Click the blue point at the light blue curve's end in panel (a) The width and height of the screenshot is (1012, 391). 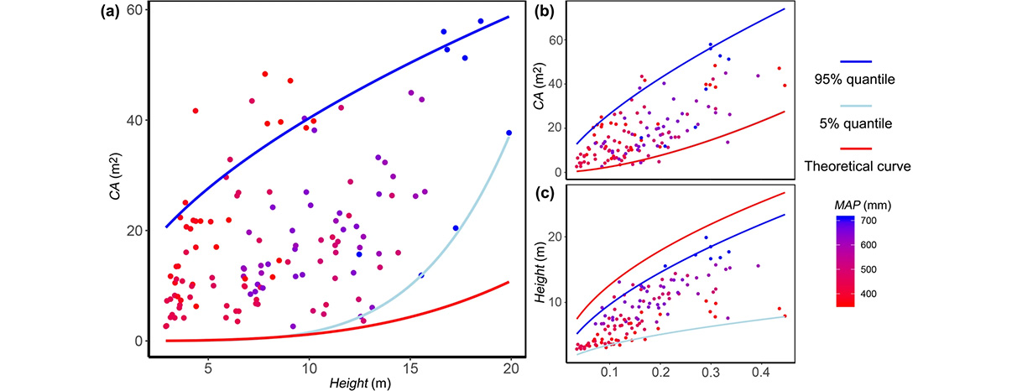click(x=509, y=133)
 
